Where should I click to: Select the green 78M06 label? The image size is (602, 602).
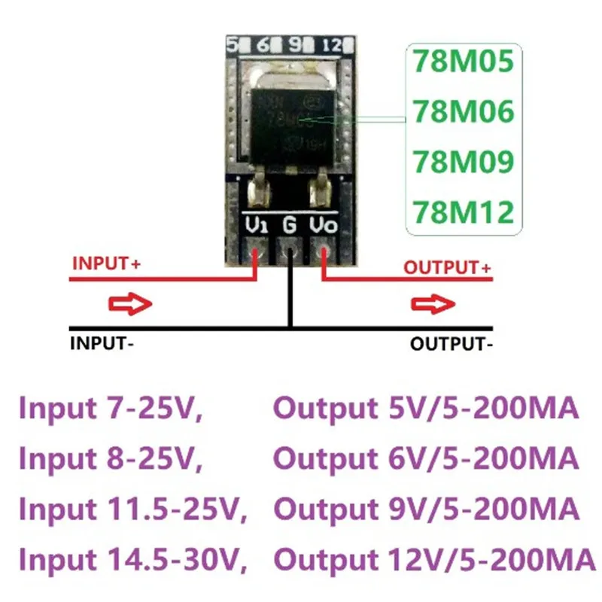tap(462, 112)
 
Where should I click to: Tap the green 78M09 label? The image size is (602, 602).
tap(462, 162)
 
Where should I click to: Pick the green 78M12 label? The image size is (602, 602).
tap(462, 211)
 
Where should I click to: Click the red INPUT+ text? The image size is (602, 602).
tap(107, 264)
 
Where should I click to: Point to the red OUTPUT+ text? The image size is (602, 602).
tap(447, 267)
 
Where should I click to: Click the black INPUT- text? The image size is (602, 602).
tap(102, 345)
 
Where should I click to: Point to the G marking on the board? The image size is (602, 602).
tap(290, 224)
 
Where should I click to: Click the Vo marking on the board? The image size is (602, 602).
tap(324, 224)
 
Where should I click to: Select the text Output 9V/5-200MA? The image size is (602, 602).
tap(426, 509)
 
